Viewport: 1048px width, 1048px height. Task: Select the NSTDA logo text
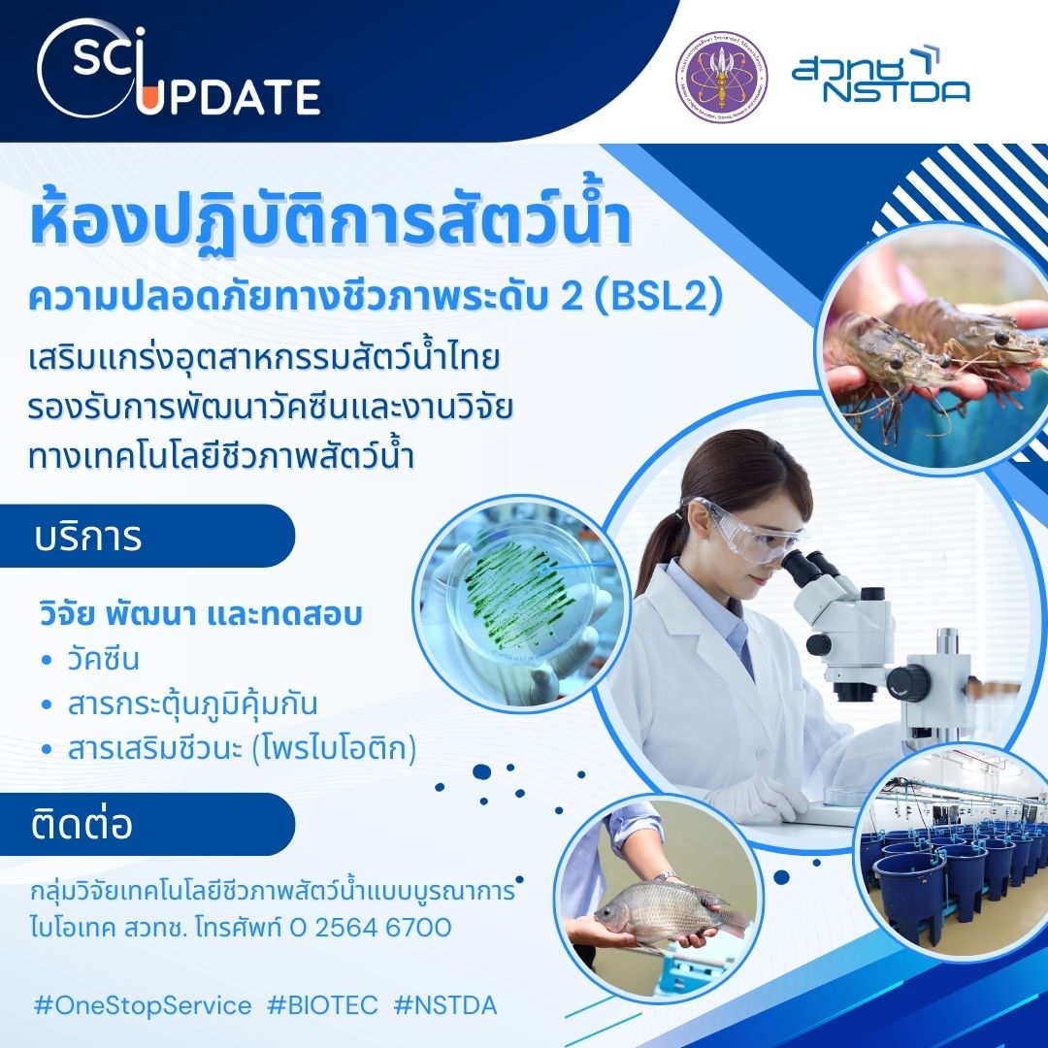coord(881,77)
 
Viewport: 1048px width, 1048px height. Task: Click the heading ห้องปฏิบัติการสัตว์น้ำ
coord(331,224)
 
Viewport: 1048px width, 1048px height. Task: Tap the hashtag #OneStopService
coord(143,1005)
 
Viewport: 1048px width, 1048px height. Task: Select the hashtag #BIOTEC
coord(322,1005)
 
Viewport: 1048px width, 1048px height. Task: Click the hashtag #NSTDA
coord(445,1005)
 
